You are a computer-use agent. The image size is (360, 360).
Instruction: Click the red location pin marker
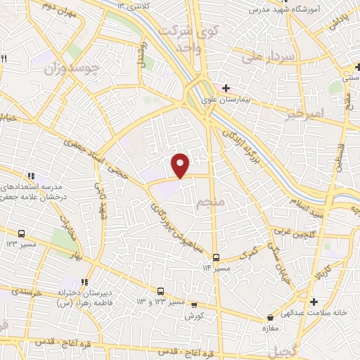[181, 165]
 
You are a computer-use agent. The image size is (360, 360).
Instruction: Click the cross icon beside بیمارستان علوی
[226, 88]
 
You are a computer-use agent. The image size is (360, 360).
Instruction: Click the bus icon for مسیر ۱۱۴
[217, 257]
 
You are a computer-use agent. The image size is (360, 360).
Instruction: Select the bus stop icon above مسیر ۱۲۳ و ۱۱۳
[161, 291]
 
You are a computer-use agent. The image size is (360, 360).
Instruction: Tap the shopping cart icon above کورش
[194, 304]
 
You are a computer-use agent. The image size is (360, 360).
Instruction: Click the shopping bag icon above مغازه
[269, 317]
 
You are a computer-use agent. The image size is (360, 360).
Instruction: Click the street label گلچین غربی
[290, 229]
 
